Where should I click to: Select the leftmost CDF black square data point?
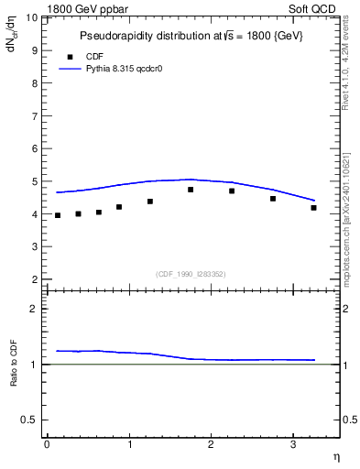tap(58, 215)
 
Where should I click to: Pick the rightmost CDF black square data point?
tap(313, 208)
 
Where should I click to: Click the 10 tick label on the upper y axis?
tap(32, 18)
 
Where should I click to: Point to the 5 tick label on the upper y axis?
tap(35, 181)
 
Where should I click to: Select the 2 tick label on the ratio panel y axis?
tap(35, 309)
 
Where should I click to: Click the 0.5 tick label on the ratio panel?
tap(31, 420)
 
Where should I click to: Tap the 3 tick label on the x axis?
tap(293, 444)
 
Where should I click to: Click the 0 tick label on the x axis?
tap(47, 444)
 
